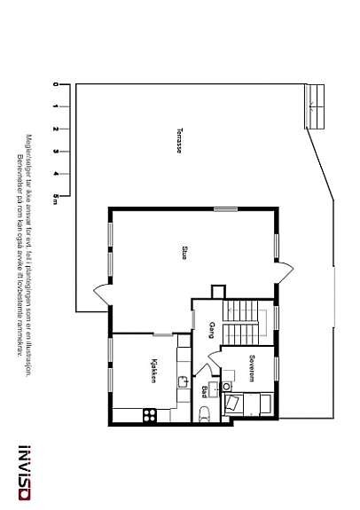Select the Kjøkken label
[154, 371]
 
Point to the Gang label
[212, 330]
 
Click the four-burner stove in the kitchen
[149, 412]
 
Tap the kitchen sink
[181, 383]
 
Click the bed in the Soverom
[249, 404]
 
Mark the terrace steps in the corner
[315, 106]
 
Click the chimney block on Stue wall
[218, 291]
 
